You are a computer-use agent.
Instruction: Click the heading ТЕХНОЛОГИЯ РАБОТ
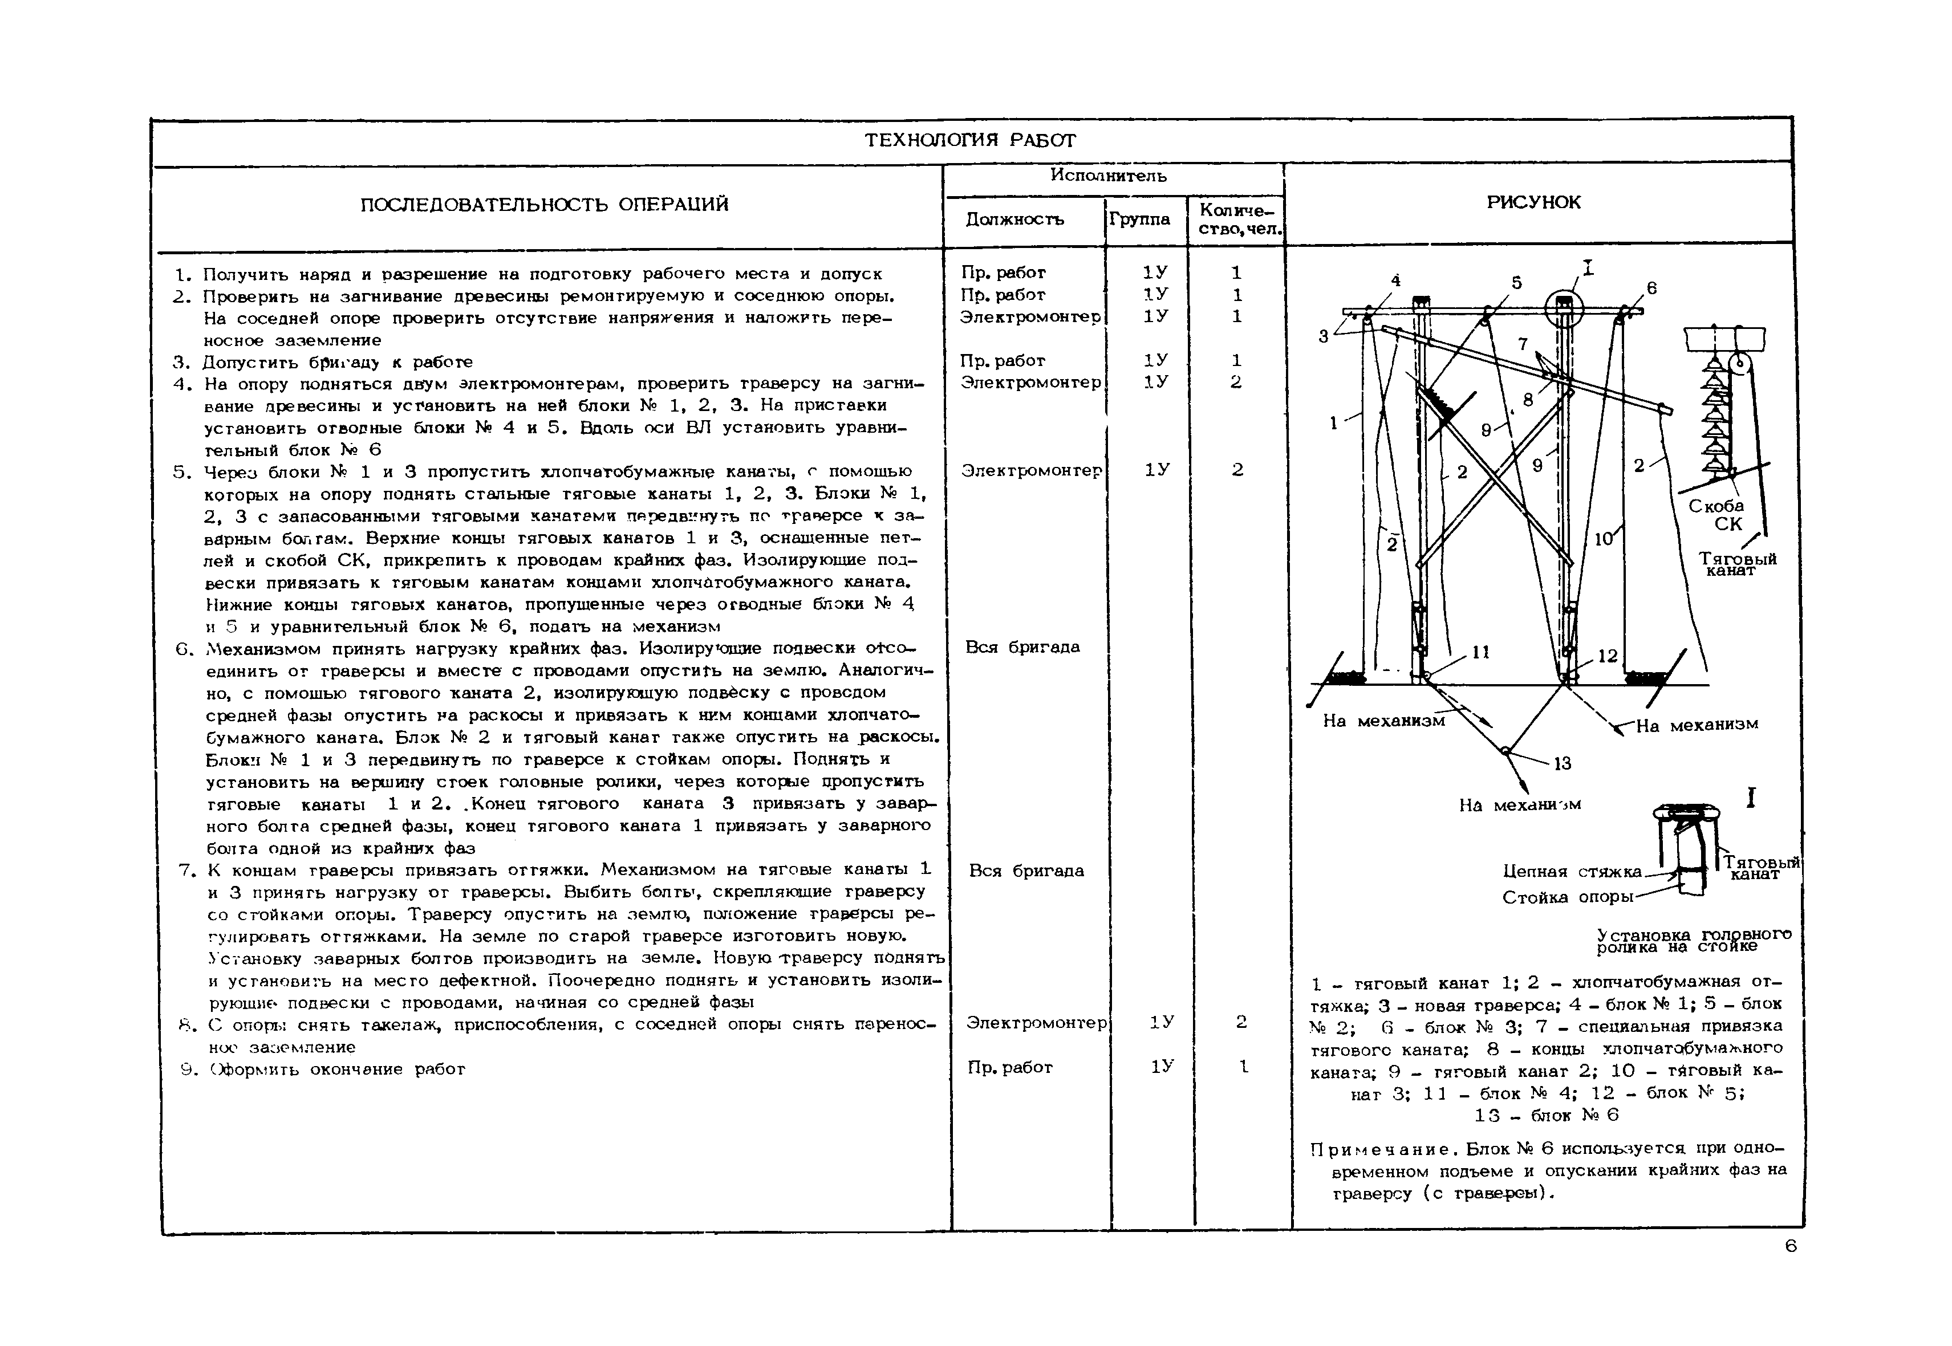[970, 140]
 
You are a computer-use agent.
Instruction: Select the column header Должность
[1015, 219]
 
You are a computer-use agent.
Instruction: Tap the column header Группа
[1139, 219]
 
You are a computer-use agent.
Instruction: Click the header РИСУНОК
[1533, 202]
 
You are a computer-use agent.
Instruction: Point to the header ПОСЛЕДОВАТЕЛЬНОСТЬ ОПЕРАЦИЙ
[544, 205]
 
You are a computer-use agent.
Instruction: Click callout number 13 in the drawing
[1563, 763]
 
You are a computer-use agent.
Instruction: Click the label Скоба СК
[1716, 514]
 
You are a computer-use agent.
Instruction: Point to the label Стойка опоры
[1568, 897]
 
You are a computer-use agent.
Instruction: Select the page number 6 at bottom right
[1791, 1246]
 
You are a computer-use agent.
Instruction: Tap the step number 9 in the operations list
[188, 1070]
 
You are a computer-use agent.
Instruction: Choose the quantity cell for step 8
[1241, 1022]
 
